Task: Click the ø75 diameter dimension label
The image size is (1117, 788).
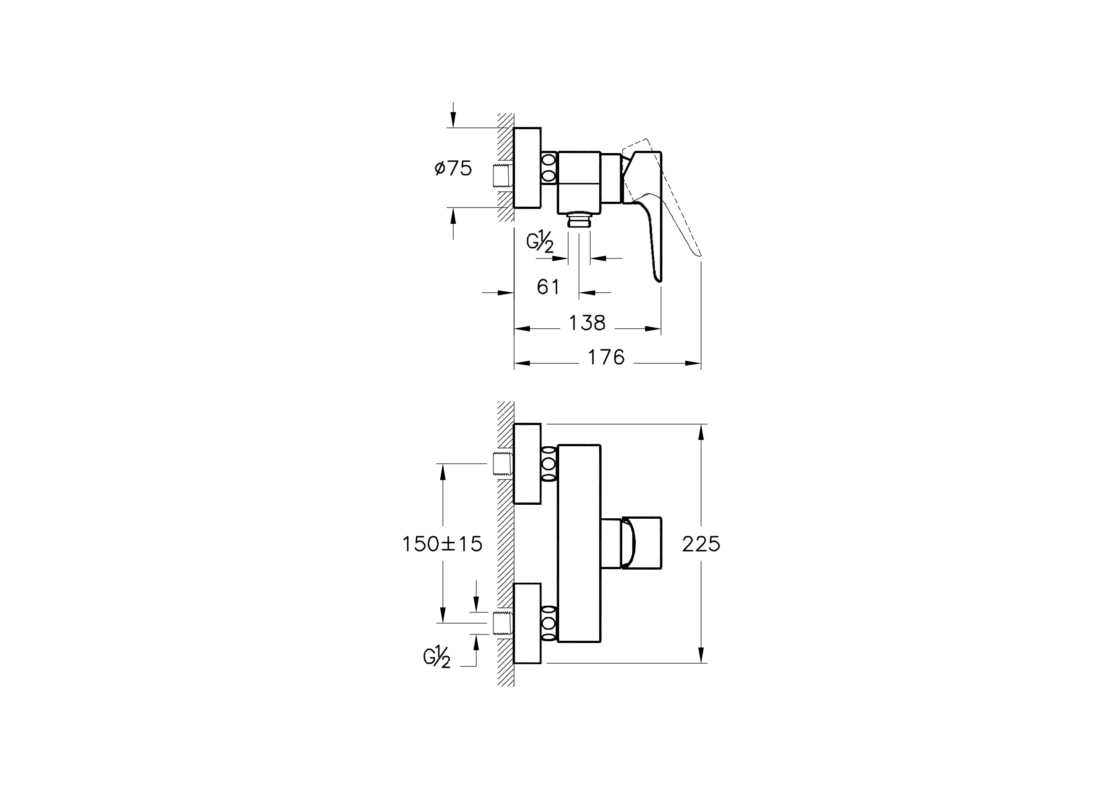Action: [453, 168]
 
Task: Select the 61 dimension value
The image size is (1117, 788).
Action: [548, 287]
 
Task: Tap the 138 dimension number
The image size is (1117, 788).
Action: [587, 323]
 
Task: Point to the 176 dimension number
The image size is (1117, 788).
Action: [606, 357]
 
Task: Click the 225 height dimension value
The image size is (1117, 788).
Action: [701, 544]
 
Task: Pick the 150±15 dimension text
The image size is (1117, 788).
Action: [442, 544]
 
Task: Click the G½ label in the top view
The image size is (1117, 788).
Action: [540, 242]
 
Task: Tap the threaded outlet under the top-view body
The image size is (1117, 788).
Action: [579, 219]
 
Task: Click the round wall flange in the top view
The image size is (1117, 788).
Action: [527, 168]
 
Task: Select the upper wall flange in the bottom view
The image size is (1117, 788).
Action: [527, 464]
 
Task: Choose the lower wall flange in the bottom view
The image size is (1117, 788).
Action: [527, 623]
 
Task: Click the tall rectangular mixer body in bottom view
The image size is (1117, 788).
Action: [579, 543]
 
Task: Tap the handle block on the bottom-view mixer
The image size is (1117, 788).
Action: [642, 543]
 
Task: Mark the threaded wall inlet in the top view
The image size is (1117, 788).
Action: [501, 176]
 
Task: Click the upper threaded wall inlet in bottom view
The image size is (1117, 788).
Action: [501, 463]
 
